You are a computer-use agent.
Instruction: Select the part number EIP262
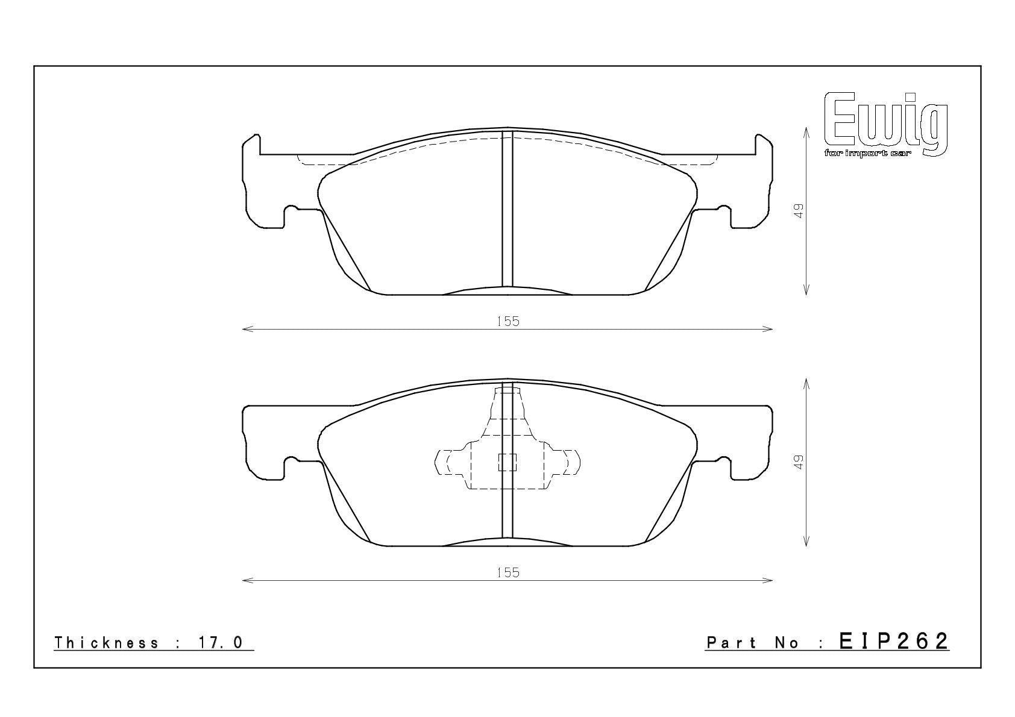click(894, 641)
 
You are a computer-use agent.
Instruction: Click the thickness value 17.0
click(220, 642)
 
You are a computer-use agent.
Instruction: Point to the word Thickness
click(106, 642)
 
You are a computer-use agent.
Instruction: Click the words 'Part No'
click(753, 642)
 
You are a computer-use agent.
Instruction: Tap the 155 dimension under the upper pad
click(508, 321)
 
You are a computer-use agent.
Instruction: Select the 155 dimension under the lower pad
click(508, 572)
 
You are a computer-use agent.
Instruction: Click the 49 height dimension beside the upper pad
click(799, 211)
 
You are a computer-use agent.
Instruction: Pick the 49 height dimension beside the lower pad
click(799, 462)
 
